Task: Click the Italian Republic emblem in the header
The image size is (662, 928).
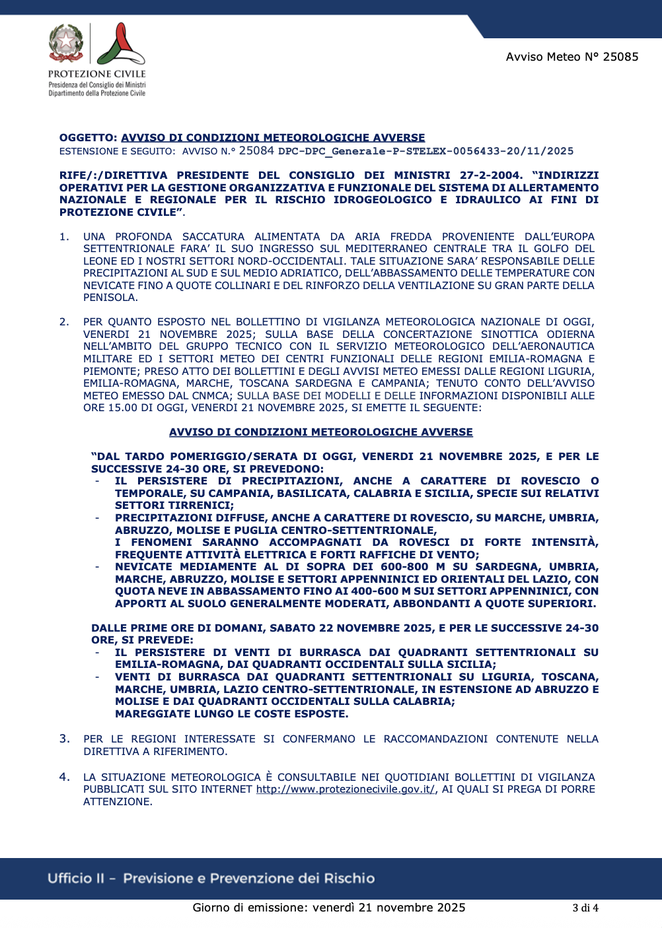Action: pos(66,43)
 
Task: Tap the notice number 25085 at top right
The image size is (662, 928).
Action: pos(620,57)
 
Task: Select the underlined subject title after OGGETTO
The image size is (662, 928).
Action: pos(273,138)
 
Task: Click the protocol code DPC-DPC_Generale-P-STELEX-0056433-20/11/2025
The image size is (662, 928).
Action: pos(425,151)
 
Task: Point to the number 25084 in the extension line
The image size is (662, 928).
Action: pos(256,150)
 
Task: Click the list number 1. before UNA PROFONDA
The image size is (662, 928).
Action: pos(64,236)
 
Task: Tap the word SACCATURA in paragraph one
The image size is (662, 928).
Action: pos(213,236)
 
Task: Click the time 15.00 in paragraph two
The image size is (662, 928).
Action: pos(121,408)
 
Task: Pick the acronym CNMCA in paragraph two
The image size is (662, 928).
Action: pos(210,396)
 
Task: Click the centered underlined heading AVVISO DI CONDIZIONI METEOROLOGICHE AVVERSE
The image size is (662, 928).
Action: pos(321,432)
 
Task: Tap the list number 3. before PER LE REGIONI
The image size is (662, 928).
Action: pos(64,739)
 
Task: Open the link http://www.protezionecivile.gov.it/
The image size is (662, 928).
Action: pos(346,789)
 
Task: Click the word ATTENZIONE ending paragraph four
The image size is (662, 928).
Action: pos(118,802)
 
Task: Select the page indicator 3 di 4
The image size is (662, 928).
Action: pos(585,908)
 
